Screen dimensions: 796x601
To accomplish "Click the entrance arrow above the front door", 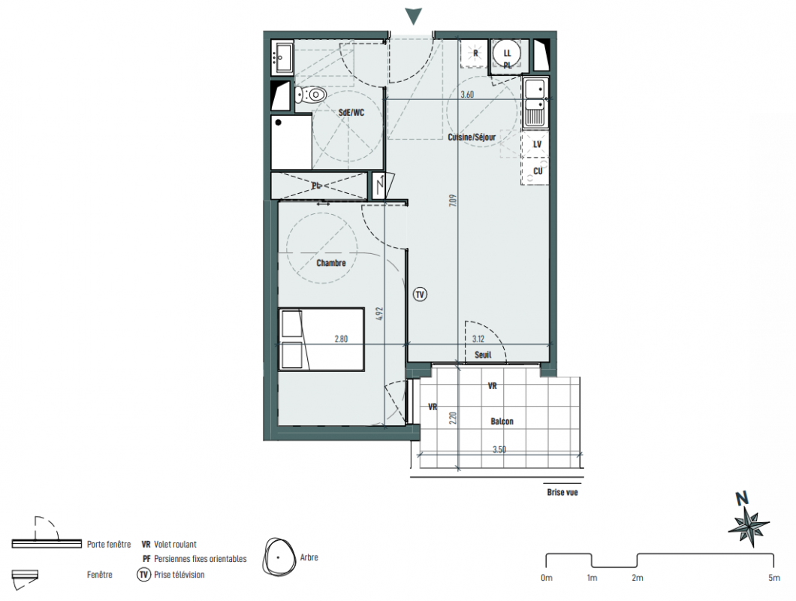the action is pos(414,17).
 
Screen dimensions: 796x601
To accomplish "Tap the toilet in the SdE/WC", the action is pos(310,95).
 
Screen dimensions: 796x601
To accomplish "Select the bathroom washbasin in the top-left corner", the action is pos(282,58).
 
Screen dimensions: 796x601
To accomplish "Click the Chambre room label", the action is pos(331,263).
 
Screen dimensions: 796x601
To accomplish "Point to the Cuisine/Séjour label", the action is pos(472,137).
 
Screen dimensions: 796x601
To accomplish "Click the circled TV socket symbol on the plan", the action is pos(420,294).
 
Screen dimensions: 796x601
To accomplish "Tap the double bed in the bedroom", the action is pos(321,339).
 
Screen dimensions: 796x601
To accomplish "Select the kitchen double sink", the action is pos(535,103).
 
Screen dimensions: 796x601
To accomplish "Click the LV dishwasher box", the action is pos(535,144).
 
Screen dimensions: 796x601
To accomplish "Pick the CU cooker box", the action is pos(535,171).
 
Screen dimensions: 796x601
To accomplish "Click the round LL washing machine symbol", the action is pos(507,54).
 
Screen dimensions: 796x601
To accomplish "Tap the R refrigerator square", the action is pos(475,53).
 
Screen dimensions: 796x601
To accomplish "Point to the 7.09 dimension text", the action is pos(453,200).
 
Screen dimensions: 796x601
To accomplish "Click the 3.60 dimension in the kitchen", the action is pos(467,95).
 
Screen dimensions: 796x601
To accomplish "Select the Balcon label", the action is pos(502,421).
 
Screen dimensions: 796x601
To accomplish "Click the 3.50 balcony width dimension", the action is pos(499,449).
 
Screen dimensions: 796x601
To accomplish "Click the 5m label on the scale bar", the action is pos(773,578).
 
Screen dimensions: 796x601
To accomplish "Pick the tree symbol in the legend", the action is pos(279,557).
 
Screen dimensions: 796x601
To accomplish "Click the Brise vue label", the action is pos(562,492).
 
